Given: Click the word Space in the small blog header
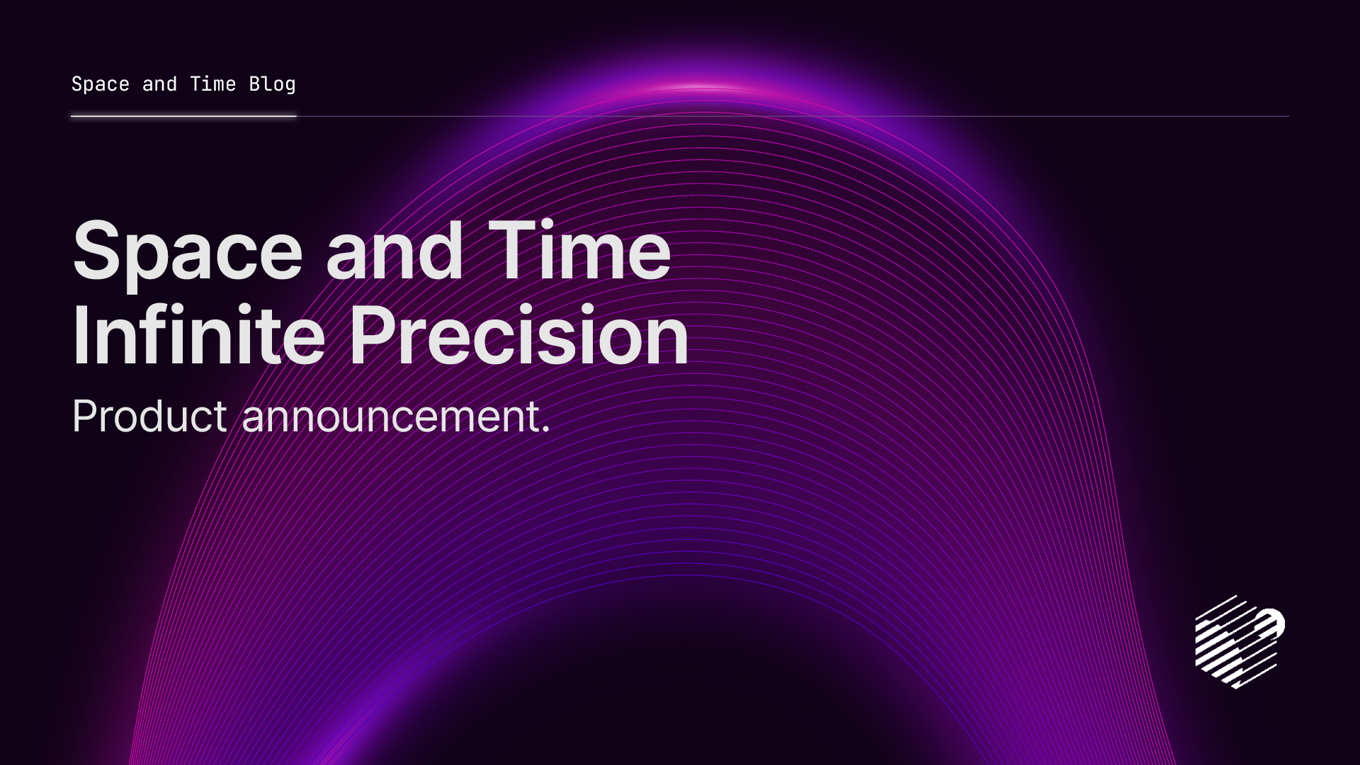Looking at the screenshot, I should click(100, 84).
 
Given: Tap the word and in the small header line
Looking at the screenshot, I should click(159, 84).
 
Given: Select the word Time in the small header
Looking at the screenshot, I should click(212, 84).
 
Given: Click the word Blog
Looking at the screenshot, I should click(272, 84).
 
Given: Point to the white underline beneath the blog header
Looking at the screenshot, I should click(183, 116).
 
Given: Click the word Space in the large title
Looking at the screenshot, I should click(188, 251).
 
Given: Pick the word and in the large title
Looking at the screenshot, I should click(395, 251).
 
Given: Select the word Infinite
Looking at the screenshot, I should click(198, 334).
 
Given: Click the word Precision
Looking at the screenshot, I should click(518, 334).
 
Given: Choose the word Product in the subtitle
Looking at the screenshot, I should click(149, 416).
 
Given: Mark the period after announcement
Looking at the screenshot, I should click(545, 429).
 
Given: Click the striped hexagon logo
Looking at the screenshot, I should click(1239, 642).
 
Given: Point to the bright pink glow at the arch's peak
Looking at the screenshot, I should click(701, 88).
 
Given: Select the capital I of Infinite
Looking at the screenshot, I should click(79, 334).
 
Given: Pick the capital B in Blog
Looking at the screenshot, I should click(256, 84).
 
